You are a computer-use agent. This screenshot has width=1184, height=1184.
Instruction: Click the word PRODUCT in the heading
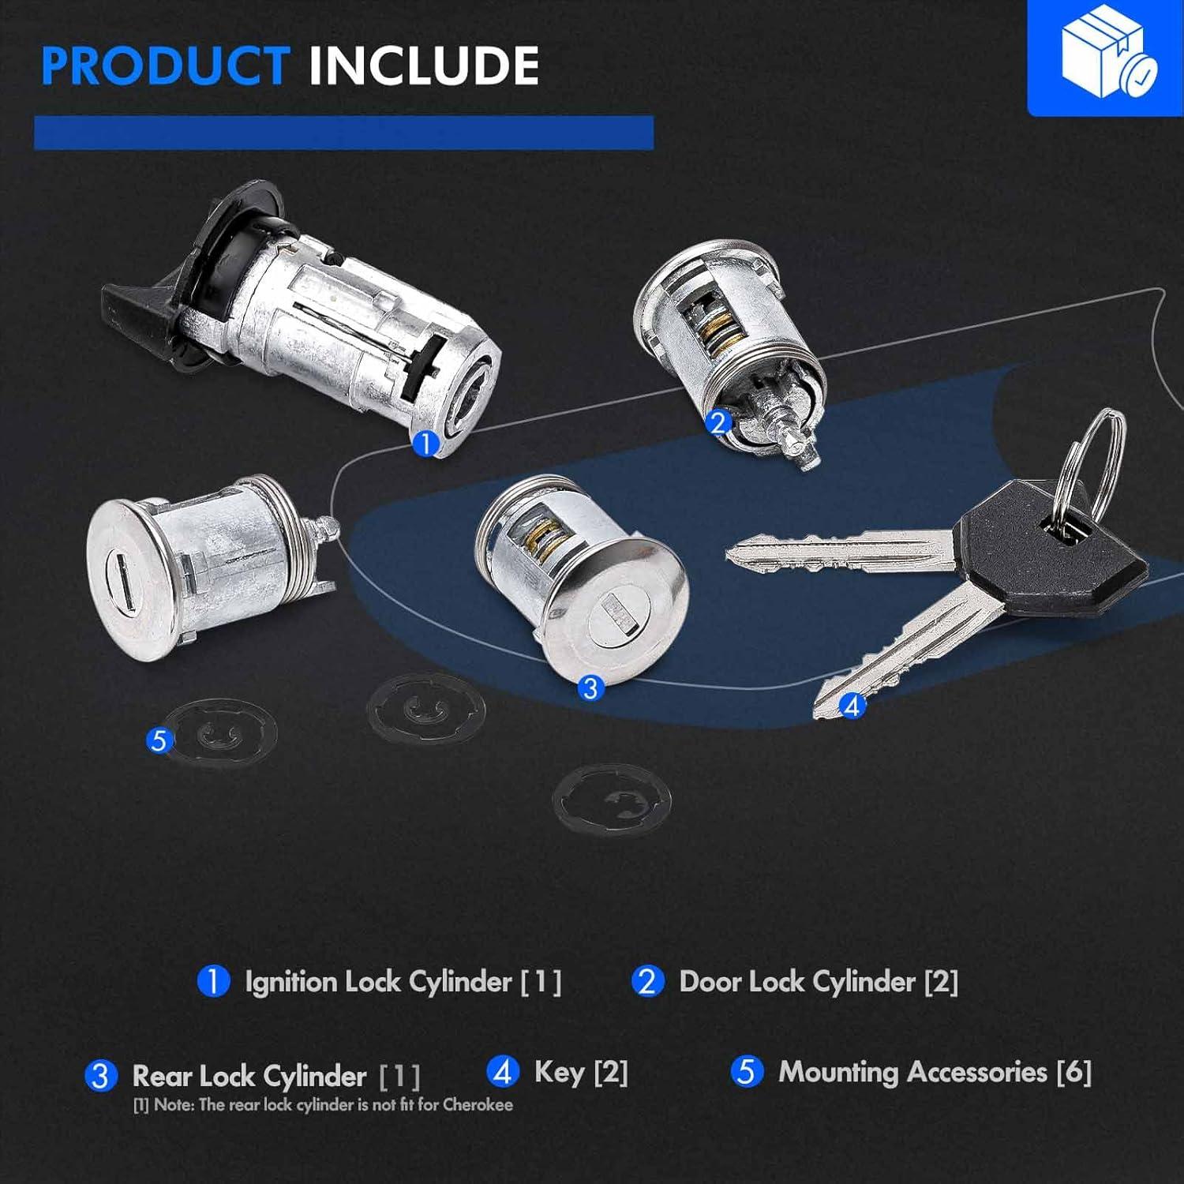point(165,66)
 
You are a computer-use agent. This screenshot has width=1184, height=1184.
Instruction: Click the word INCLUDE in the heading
point(424,66)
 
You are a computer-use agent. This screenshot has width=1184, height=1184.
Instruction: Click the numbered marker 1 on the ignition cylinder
point(425,443)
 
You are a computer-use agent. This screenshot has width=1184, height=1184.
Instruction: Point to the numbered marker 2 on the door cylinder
point(718,422)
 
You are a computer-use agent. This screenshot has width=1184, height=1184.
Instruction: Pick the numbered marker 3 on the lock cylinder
point(590,688)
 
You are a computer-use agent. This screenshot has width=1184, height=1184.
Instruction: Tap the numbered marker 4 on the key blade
point(852,705)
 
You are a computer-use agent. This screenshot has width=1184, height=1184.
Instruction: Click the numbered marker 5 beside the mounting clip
point(159,740)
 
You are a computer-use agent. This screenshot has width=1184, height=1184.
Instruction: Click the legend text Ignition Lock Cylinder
point(378,981)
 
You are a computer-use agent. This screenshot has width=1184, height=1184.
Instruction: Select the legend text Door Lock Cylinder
point(797,981)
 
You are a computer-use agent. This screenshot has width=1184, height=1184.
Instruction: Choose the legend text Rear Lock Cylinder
point(249,1075)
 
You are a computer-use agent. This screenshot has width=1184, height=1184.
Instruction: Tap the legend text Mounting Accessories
point(913,1071)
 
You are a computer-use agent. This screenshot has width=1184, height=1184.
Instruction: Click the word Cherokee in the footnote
point(478,1104)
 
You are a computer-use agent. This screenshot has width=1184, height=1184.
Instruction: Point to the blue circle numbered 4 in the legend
point(503,1072)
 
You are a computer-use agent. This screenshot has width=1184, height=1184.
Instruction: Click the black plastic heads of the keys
point(1050,545)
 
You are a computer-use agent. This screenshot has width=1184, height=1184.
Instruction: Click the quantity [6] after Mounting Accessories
point(1074,1072)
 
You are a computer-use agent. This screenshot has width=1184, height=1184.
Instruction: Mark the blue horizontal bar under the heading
point(343,133)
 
